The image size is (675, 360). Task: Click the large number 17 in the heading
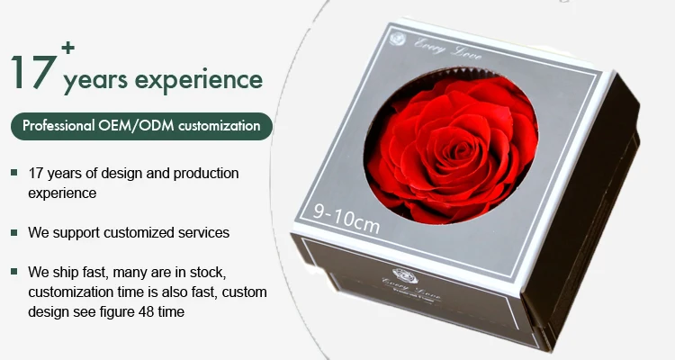32,71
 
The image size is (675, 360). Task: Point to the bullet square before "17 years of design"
14,172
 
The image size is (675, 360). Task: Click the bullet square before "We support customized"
14,232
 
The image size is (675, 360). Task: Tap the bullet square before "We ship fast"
14,271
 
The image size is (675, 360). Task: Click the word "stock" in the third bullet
223,271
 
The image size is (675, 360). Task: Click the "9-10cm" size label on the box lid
346,215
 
